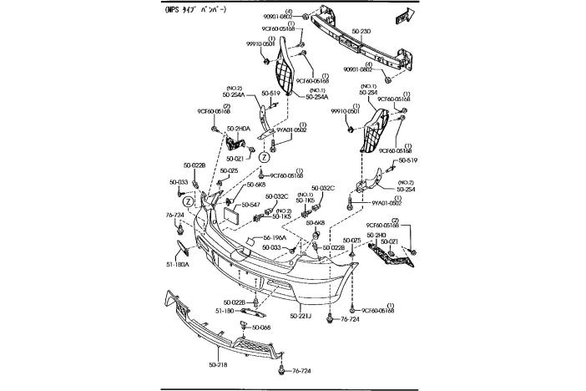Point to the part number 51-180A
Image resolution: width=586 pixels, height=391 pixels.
click(x=178, y=264)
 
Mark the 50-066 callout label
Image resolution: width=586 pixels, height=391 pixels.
click(x=261, y=328)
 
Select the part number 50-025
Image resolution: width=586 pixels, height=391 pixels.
click(x=230, y=170)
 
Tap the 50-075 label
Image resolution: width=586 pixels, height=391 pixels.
click(x=351, y=241)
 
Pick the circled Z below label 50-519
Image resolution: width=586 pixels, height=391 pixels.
click(x=263, y=156)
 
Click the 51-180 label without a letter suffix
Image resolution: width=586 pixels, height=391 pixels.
click(x=225, y=311)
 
